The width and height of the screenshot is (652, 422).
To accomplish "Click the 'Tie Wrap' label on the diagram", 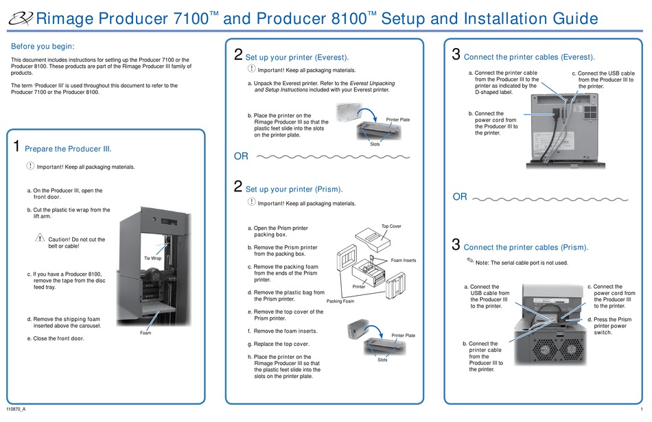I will click(x=152, y=258).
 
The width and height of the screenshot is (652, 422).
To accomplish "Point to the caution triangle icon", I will click(x=40, y=237).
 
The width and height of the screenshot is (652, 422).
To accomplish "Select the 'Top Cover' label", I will click(x=391, y=226).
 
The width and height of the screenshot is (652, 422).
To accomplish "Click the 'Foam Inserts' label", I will click(x=404, y=261).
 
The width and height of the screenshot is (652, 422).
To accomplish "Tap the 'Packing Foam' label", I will click(x=340, y=301).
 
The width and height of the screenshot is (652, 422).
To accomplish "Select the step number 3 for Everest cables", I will click(x=456, y=54).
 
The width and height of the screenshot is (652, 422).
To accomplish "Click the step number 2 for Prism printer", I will click(x=238, y=187).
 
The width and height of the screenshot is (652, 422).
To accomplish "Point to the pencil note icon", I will click(x=469, y=260).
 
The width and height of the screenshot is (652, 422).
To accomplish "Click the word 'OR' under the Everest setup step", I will click(x=241, y=156).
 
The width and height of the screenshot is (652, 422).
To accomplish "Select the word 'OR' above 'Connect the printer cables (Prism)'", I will click(x=460, y=197).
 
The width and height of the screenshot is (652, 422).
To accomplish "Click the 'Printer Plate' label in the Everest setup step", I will click(x=398, y=119).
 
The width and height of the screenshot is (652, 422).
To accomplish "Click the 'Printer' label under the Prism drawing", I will click(x=359, y=286).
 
